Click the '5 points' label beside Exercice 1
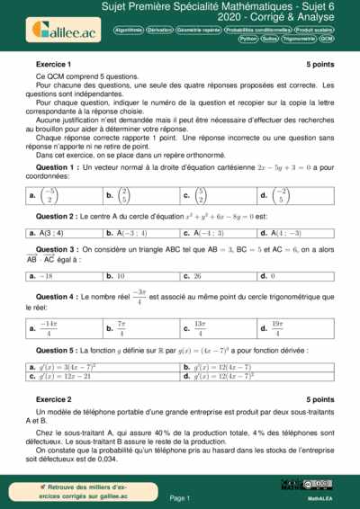coord(319,65)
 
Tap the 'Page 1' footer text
coord(179,496)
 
